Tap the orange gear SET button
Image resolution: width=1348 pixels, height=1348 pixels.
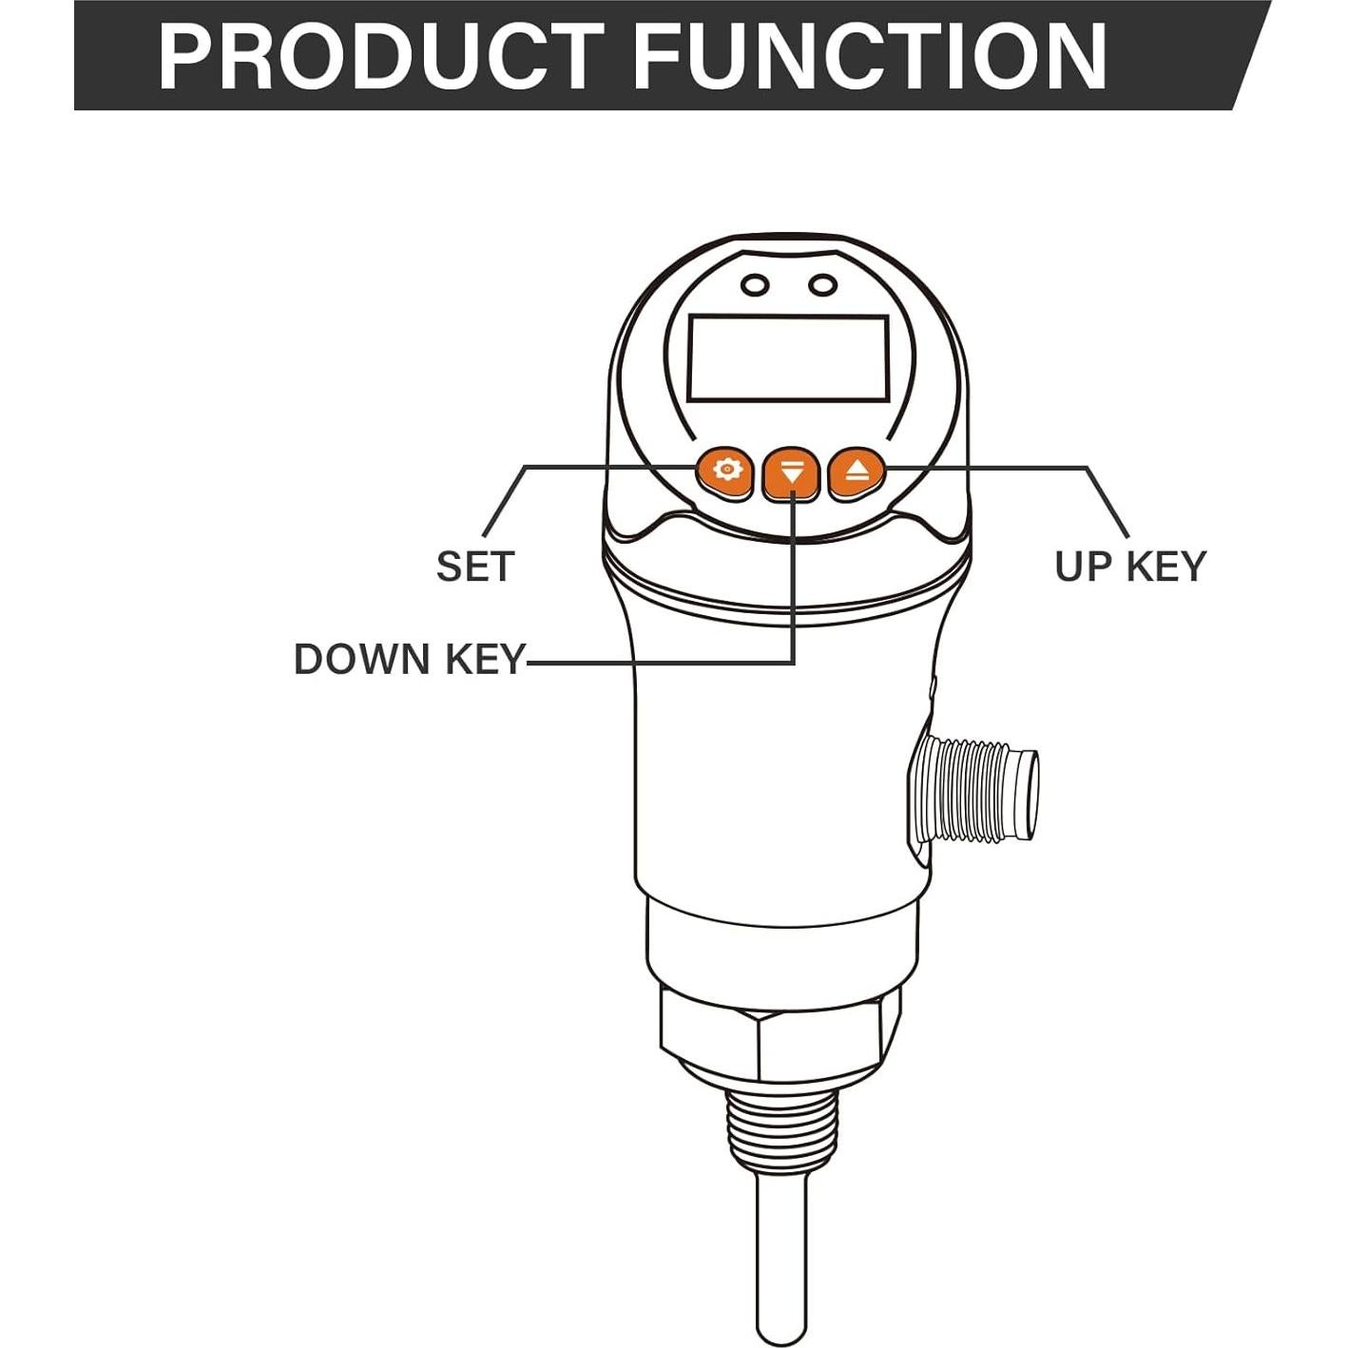tap(725, 470)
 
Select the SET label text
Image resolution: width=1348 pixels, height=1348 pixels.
tap(474, 567)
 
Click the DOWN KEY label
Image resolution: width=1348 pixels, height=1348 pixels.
tap(409, 659)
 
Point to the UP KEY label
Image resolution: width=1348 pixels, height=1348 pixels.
tap(1129, 566)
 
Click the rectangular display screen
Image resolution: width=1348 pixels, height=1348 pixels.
tap(788, 357)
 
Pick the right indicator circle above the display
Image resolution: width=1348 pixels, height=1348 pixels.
tap(822, 285)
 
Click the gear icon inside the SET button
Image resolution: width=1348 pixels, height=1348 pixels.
tap(727, 468)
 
